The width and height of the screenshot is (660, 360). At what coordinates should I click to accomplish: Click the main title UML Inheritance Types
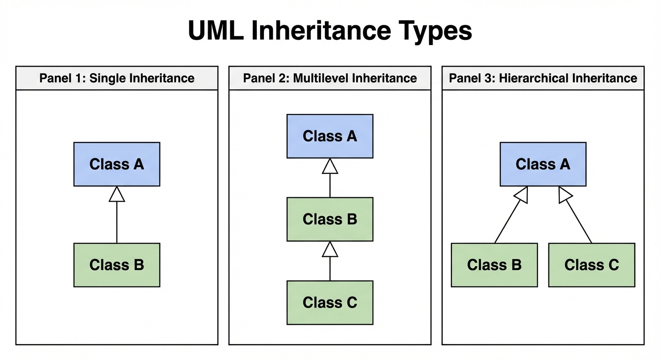pos(330,31)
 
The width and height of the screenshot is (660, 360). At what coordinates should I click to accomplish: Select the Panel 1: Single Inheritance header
pos(117,78)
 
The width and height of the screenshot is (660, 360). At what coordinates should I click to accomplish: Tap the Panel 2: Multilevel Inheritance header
pos(330,78)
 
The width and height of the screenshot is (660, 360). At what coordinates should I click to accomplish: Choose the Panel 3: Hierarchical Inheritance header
pos(543,78)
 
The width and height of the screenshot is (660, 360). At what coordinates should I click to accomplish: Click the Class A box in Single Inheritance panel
pos(117,164)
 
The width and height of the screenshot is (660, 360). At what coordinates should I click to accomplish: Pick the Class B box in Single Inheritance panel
pos(117,265)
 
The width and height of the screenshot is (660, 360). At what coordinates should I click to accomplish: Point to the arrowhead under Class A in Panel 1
pos(117,195)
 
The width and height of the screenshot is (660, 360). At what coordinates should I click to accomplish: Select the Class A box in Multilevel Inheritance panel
pos(330,136)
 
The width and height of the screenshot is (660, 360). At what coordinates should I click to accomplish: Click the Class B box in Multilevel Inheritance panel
pos(330,219)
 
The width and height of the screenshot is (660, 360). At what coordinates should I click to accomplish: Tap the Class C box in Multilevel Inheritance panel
pos(330,302)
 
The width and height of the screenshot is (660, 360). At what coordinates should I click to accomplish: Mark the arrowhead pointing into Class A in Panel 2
pos(330,166)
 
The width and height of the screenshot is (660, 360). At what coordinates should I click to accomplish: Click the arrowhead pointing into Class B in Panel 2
pos(330,249)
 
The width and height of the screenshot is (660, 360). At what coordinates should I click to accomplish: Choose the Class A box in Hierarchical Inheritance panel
pos(543,164)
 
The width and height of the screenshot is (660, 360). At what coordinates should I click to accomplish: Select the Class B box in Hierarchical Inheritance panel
pos(494,265)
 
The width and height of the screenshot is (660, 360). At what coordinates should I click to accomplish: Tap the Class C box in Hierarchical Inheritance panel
pos(592,265)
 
